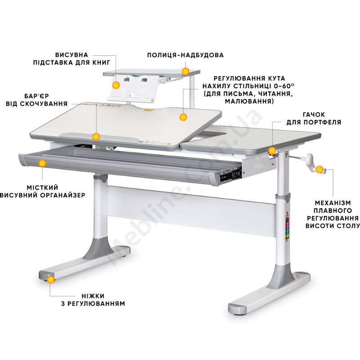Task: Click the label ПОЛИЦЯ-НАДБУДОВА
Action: click(x=185, y=55)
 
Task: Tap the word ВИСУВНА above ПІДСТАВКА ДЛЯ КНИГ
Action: click(x=72, y=55)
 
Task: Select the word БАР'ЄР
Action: click(x=37, y=96)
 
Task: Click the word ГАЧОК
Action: click(x=314, y=114)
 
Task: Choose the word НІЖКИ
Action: click(x=93, y=296)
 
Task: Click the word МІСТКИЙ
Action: click(x=42, y=188)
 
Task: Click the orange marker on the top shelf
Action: click(x=185, y=71)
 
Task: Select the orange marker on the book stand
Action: click(x=116, y=85)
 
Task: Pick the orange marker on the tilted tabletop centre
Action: click(x=183, y=117)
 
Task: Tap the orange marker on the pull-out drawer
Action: click(x=42, y=163)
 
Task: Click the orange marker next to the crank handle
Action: click(x=319, y=170)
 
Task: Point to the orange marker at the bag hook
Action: click(x=272, y=150)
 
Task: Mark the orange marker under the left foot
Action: click(x=51, y=279)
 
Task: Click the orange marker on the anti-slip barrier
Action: click(x=96, y=137)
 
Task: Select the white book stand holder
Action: click(x=132, y=88)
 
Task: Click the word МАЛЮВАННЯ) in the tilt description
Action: click(x=249, y=101)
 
